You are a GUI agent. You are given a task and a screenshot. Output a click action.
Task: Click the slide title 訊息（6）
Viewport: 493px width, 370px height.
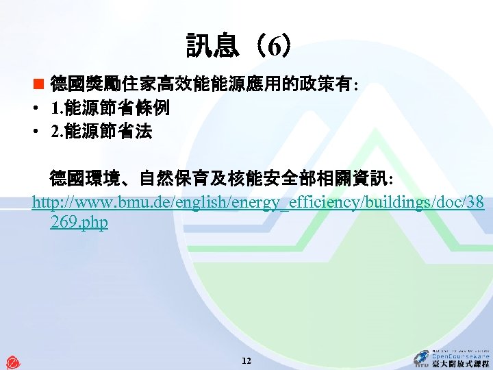242,47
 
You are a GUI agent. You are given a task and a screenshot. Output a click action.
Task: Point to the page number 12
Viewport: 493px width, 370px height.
246,360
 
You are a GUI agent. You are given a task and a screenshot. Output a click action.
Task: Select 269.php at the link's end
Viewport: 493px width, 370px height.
79,223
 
